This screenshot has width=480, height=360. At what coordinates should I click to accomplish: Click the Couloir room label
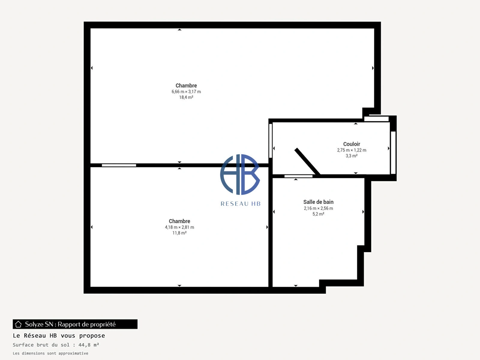click(351, 144)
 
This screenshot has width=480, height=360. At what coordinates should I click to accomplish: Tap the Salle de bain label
click(318, 202)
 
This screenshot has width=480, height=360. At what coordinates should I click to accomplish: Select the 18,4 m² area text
click(186, 97)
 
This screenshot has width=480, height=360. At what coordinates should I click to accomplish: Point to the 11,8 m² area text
click(179, 233)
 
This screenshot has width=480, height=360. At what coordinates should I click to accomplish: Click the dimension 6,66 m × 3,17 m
click(186, 91)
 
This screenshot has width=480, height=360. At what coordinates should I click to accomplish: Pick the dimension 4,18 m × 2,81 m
click(179, 227)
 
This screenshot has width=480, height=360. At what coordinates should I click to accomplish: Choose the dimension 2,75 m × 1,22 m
click(351, 150)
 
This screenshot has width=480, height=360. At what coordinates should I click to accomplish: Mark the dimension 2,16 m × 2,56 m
click(318, 208)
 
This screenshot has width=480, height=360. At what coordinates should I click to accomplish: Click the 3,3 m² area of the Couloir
click(351, 156)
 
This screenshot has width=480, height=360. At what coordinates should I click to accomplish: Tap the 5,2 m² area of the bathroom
click(318, 214)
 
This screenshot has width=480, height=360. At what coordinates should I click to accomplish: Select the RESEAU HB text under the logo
click(240, 204)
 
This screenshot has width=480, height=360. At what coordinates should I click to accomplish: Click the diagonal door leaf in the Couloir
click(307, 161)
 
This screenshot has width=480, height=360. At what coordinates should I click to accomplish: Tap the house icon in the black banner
click(18, 324)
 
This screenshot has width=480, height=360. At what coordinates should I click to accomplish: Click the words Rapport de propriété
click(87, 324)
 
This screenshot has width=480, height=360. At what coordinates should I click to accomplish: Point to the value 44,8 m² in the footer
click(88, 345)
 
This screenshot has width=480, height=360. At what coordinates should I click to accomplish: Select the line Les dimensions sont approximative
click(50, 353)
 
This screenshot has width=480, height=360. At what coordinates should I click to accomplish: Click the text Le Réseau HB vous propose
click(59, 335)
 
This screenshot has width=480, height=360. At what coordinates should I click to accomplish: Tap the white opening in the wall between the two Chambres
click(119, 165)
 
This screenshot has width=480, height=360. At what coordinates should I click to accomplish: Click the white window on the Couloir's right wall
click(393, 153)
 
